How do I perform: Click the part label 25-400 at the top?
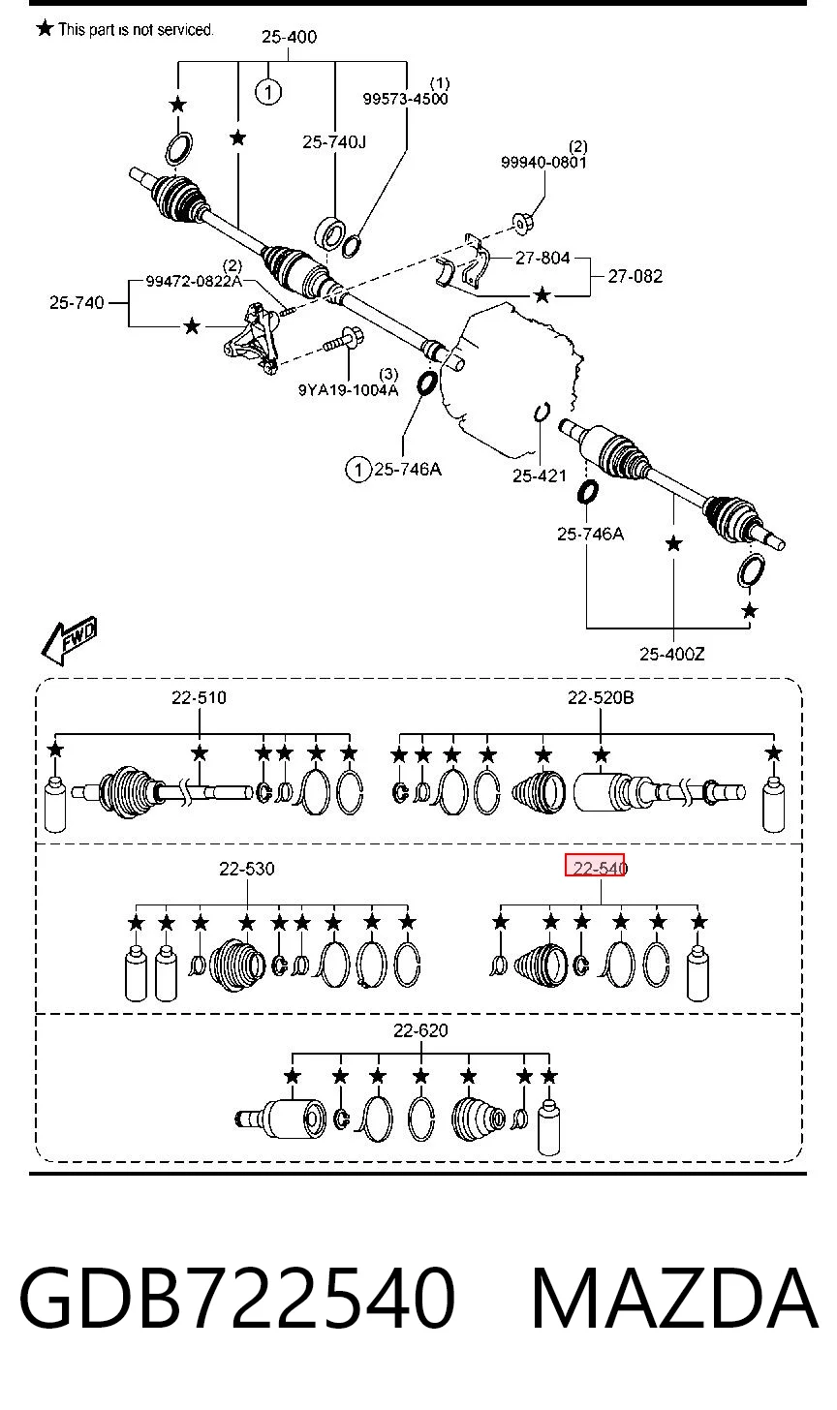click(289, 37)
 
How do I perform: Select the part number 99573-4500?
click(405, 99)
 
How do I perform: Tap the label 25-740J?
click(334, 142)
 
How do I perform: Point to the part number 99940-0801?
click(543, 163)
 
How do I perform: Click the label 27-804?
click(542, 258)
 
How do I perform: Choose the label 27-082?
click(635, 276)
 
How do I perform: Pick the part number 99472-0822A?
click(194, 282)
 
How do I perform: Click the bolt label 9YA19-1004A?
click(349, 390)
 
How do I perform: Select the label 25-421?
click(540, 475)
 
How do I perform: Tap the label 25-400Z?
click(672, 655)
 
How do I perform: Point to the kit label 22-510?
click(199, 697)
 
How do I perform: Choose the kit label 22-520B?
click(601, 697)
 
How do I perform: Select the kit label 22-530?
click(247, 869)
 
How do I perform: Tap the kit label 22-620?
click(420, 1030)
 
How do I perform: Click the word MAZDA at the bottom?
click(674, 1298)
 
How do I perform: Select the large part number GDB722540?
click(236, 1298)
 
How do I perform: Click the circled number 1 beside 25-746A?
click(357, 470)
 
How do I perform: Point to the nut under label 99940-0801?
click(522, 224)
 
